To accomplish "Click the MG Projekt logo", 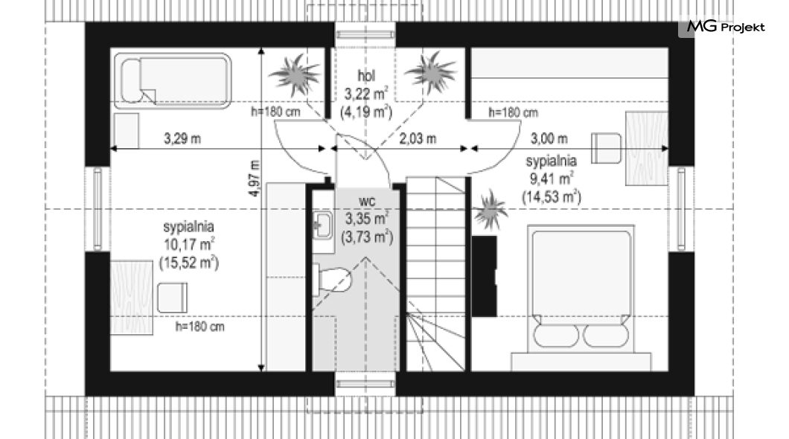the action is (x=726, y=27).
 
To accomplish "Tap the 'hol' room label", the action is (x=365, y=76).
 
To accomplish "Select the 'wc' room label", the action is (x=366, y=201).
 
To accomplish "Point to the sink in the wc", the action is (x=322, y=224).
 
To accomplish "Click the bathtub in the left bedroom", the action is (x=173, y=81).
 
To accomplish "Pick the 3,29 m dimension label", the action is (x=182, y=138).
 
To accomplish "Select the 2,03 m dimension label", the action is (x=417, y=138).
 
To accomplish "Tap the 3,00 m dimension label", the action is (x=549, y=138).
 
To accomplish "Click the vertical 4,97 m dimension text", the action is (x=255, y=179).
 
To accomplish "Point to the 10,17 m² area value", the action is (x=189, y=244).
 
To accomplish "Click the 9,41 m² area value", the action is (x=551, y=179).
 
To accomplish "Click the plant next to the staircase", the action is (x=489, y=210).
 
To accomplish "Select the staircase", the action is (x=435, y=274).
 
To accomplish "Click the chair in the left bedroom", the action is (x=172, y=298).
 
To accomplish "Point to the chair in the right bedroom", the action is (x=606, y=148).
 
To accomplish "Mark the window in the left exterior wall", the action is (x=98, y=209).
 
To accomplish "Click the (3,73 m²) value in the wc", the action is (x=367, y=237).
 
